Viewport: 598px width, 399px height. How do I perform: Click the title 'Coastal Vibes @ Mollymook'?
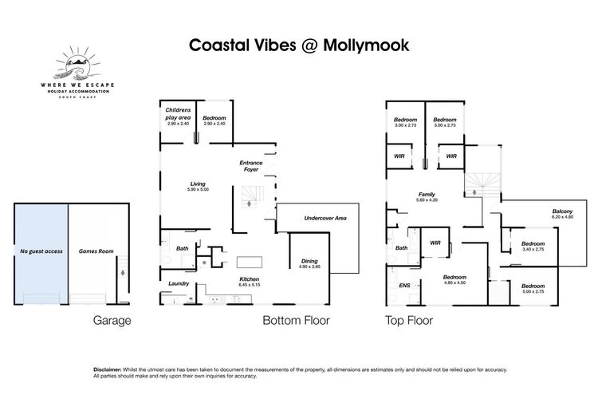299,45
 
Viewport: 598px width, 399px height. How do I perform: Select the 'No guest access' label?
41,251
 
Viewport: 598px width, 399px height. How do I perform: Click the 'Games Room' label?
96,251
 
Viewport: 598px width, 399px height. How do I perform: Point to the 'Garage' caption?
111,321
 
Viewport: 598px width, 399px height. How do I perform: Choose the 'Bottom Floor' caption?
296,321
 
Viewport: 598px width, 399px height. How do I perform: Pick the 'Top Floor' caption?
409,321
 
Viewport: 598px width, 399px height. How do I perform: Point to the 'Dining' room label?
309,261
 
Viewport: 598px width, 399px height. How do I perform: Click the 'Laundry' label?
178,282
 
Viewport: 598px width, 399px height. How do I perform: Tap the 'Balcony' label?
563,211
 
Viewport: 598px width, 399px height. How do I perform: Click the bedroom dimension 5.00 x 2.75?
533,292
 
